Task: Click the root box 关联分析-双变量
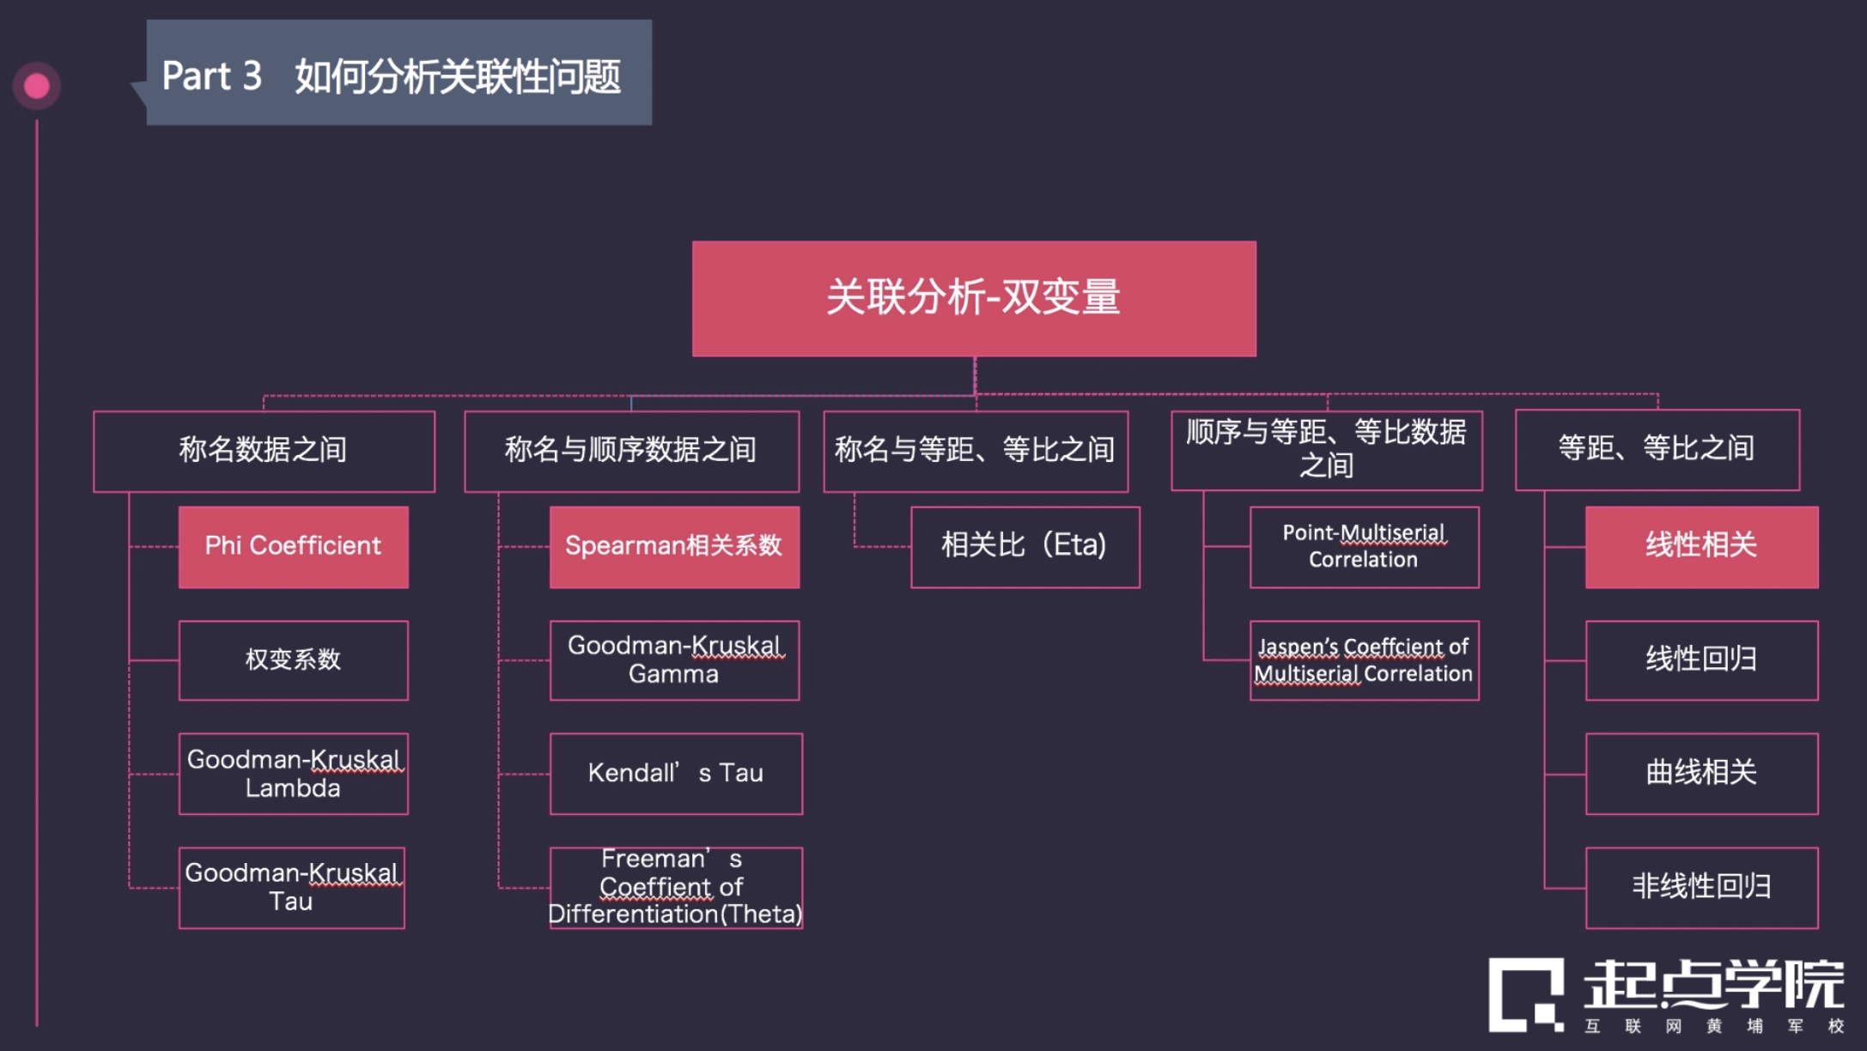pos(974,298)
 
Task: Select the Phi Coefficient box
pos(293,546)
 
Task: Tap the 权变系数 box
pos(293,659)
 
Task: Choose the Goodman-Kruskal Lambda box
pos(293,774)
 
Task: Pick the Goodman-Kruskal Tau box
pos(291,887)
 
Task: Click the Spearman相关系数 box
pos(674,546)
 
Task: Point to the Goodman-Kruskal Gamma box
pos(674,659)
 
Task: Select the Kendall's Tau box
pos(676,774)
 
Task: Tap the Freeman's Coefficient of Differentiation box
pos(676,887)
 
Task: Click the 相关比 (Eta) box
pos(1025,546)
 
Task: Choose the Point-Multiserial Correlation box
pos(1364,546)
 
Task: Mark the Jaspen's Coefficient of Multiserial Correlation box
pos(1364,659)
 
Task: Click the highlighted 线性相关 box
pos(1701,546)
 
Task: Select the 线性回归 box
pos(1701,659)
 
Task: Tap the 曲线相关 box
pos(1701,774)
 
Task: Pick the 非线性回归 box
pos(1701,887)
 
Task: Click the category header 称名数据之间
pos(264,450)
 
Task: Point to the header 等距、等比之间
pos(1657,449)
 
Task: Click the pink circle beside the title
pos(36,86)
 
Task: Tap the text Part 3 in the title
pos(211,76)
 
